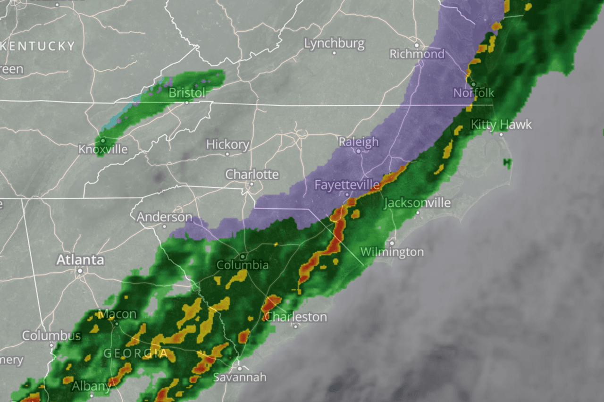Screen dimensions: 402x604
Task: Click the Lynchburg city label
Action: [334, 44]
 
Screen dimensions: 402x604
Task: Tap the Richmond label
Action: [417, 54]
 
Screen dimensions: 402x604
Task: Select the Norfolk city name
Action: [474, 92]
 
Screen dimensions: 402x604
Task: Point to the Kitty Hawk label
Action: [501, 125]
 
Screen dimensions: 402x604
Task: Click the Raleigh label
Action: [359, 142]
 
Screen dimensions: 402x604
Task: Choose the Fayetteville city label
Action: [347, 184]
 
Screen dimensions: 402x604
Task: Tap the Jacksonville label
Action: [417, 203]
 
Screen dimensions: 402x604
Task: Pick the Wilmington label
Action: [392, 252]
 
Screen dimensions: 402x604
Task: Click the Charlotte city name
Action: [252, 174]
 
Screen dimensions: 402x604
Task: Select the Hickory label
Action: [227, 144]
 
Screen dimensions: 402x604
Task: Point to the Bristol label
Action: [187, 92]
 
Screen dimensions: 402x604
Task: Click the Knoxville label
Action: [103, 150]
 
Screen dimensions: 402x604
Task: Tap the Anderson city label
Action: [164, 218]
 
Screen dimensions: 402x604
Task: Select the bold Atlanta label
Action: [80, 260]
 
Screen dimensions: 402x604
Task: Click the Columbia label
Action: [243, 265]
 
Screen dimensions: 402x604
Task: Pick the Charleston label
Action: [296, 317]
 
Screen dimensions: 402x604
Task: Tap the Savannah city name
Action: [239, 377]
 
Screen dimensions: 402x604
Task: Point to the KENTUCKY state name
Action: [38, 46]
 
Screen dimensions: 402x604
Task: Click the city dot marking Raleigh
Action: [359, 151]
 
